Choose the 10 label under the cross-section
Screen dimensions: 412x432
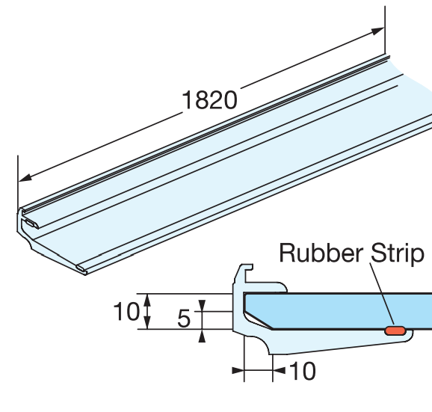point(301,371)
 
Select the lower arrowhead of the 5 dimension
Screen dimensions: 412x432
point(202,336)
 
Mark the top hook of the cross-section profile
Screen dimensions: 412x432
point(246,273)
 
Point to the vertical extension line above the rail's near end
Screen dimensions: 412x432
point(17,179)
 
